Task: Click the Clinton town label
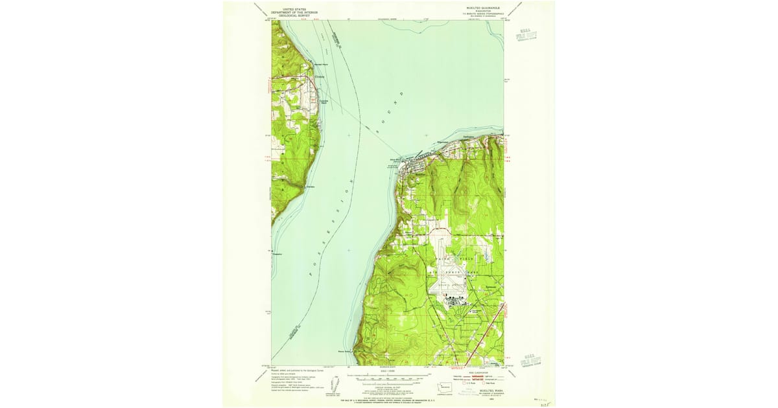318,79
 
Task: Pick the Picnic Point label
344,352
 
